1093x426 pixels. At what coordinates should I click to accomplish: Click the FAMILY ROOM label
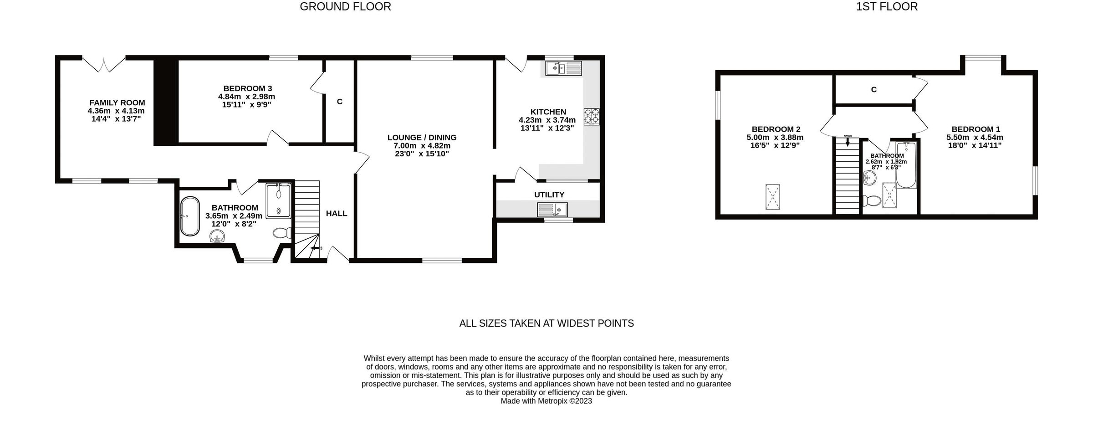tap(117, 103)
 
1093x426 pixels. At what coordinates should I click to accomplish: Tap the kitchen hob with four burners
tap(592, 116)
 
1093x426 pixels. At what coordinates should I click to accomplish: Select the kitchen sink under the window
tap(563, 69)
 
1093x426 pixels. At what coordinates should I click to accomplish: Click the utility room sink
tap(552, 210)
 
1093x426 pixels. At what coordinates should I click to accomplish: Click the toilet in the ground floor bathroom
tap(282, 233)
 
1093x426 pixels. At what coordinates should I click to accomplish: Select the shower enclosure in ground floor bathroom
tap(278, 200)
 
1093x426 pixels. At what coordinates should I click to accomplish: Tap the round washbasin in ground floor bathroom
tap(218, 236)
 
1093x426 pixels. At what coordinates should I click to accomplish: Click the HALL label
tap(336, 213)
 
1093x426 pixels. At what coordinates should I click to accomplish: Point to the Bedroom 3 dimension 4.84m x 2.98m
tap(246, 97)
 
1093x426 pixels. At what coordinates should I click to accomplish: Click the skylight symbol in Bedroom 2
tap(772, 197)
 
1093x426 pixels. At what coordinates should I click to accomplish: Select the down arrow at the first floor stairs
tap(848, 142)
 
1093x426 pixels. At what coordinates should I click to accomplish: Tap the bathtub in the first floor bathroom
tap(906, 165)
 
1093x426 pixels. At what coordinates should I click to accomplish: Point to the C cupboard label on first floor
tap(873, 90)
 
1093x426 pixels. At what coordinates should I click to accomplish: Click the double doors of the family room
tap(104, 65)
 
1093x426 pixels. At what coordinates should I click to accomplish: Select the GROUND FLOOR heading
tap(345, 7)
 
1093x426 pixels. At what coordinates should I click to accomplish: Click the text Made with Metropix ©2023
tap(546, 401)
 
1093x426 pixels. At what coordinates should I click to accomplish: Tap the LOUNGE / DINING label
tap(422, 138)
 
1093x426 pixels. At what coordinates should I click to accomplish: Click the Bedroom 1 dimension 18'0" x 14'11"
tap(975, 146)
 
